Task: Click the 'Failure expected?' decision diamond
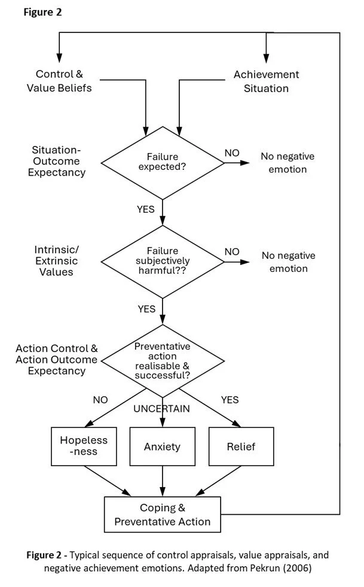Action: (x=163, y=161)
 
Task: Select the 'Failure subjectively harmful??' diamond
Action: (x=163, y=261)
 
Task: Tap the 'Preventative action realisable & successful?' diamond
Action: (x=163, y=360)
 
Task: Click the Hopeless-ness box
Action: (x=84, y=446)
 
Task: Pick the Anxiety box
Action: (x=162, y=446)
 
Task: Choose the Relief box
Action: (x=241, y=446)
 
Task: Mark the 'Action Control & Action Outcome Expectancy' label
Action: (x=56, y=359)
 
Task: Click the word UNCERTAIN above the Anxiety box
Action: (x=162, y=409)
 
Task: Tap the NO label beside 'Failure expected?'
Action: (x=232, y=153)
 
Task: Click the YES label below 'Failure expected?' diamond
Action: (x=146, y=209)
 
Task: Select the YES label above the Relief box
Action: (x=230, y=399)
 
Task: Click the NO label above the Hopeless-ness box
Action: (x=100, y=399)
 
